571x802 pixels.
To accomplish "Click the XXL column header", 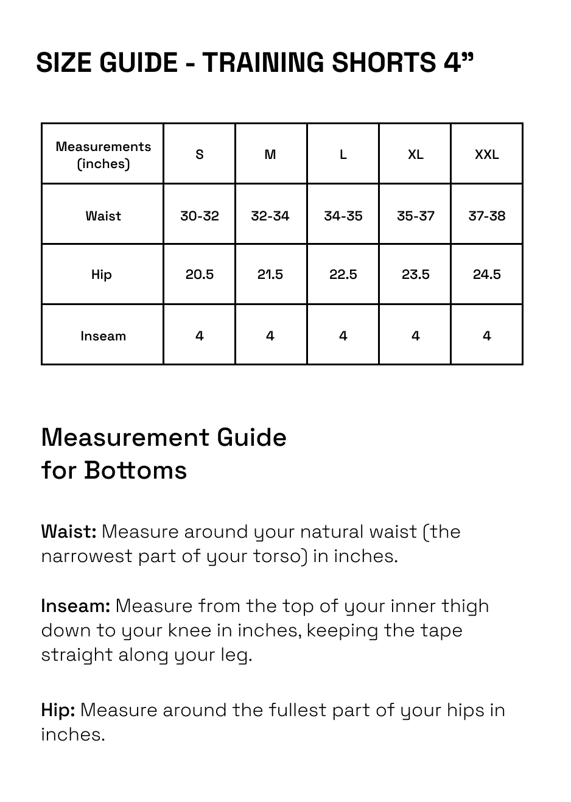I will (x=486, y=155).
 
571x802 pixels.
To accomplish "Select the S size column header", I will (x=199, y=155).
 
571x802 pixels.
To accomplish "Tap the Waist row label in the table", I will (x=103, y=216).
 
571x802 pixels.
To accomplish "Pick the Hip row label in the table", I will (x=102, y=275).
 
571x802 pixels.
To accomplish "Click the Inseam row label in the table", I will (x=103, y=336).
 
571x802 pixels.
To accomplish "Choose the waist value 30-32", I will (x=199, y=216).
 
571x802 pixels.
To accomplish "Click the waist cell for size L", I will (x=343, y=216).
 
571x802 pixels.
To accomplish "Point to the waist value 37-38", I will (x=486, y=216).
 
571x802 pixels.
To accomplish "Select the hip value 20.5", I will (x=199, y=275).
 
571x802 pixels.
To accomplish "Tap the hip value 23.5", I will (x=415, y=275).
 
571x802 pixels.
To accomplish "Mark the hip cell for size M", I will (x=270, y=275).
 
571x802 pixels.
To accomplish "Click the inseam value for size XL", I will (x=415, y=336).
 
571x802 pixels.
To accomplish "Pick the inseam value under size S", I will (x=199, y=336).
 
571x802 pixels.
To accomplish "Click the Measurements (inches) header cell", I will (x=103, y=155).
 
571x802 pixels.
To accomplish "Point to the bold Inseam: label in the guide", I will (x=75, y=606).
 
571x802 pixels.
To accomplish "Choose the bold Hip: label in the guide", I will (x=58, y=710).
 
